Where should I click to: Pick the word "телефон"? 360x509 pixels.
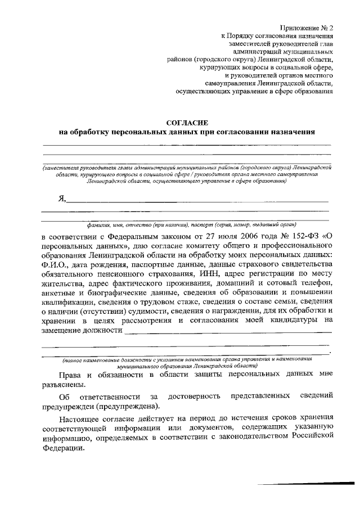316,283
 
